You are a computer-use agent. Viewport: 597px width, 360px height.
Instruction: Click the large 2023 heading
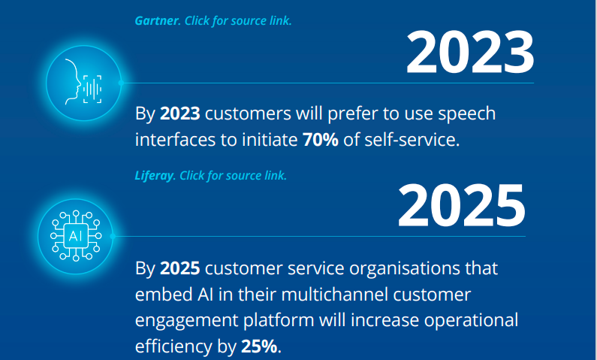tap(470, 52)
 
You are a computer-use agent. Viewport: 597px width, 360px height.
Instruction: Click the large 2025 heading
tap(462, 206)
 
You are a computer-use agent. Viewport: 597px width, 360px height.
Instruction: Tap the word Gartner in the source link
tap(157, 20)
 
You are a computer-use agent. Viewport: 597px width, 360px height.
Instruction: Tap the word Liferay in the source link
tap(154, 176)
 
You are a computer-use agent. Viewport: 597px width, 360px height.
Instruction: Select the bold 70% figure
tap(321, 140)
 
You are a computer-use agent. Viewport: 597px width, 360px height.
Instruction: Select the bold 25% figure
tap(259, 346)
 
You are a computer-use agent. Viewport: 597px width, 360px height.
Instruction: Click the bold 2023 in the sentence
tap(180, 113)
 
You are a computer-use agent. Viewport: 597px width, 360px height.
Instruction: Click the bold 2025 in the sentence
tap(180, 268)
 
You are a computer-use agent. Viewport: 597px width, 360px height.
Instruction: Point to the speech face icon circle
tap(84, 83)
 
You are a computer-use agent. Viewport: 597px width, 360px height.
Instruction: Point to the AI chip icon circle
tap(75, 236)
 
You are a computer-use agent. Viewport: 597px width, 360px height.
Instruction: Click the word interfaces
tap(175, 140)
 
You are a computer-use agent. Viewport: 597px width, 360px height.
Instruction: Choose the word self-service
tap(412, 140)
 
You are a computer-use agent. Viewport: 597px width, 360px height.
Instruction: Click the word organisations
tap(404, 269)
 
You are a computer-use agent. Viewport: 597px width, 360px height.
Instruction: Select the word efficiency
tap(174, 346)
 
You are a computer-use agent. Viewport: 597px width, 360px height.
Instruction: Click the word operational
tap(471, 320)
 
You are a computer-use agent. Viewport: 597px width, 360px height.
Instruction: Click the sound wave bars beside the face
tap(92, 89)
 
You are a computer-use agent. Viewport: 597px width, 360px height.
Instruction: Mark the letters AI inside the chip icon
tap(75, 236)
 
